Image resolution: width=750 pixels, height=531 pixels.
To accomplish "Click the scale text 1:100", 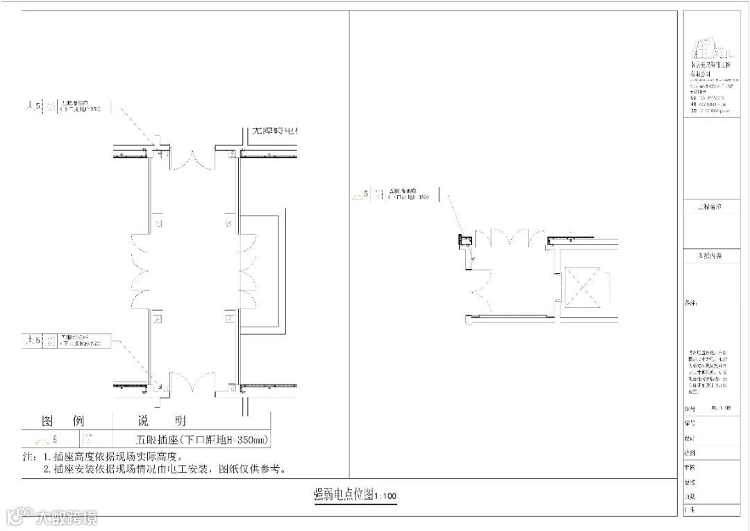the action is coord(385,496).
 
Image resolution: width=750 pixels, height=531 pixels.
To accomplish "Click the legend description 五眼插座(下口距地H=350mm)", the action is coord(201,439).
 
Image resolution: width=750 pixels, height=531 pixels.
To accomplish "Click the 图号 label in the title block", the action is coord(689,409).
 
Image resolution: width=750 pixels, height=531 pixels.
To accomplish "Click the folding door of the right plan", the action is coord(510,238).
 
